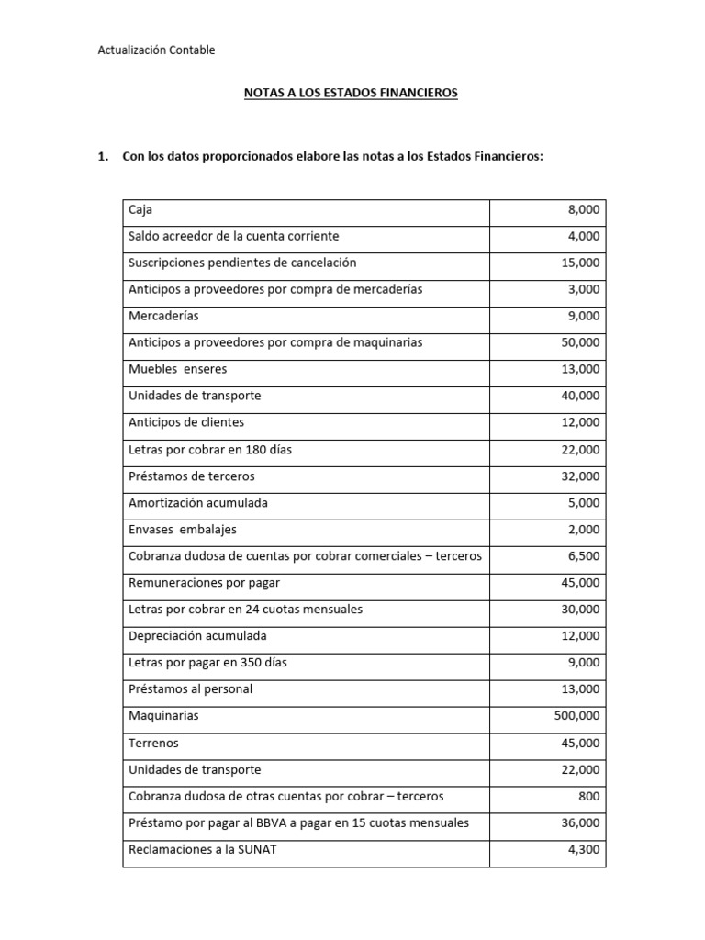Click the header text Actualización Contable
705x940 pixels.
(x=156, y=50)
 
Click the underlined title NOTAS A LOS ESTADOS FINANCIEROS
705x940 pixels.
(x=350, y=94)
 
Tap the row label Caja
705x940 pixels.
(x=140, y=210)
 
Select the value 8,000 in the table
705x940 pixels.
(x=584, y=210)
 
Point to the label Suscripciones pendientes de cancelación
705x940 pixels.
(x=242, y=263)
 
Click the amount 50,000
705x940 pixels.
(x=580, y=342)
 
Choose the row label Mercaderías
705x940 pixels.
(x=163, y=316)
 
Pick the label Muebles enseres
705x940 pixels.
(x=177, y=369)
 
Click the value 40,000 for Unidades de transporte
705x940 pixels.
(x=580, y=396)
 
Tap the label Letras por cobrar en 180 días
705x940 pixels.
(x=210, y=450)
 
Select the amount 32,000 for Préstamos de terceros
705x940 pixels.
(x=580, y=476)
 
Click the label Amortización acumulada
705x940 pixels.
(x=197, y=503)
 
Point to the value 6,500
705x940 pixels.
(x=584, y=556)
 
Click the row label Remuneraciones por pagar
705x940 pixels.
(x=205, y=583)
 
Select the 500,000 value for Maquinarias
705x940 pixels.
(x=576, y=716)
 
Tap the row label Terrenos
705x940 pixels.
(x=153, y=743)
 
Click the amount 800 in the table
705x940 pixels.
(x=589, y=796)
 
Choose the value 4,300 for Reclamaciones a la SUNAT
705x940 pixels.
(x=584, y=849)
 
